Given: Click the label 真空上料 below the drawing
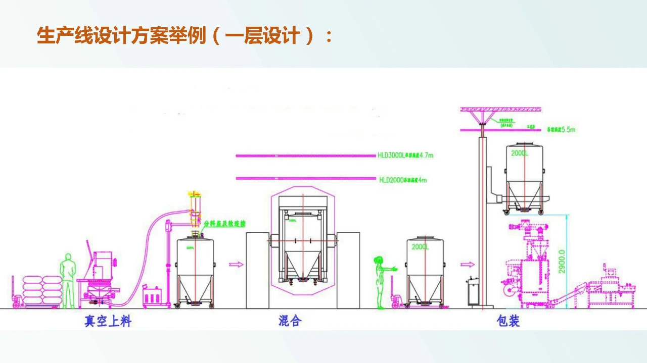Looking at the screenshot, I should (x=108, y=321).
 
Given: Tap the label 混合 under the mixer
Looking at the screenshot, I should (x=290, y=321).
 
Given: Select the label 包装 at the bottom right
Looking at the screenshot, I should (x=508, y=321).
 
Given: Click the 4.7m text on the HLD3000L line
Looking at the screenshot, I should (x=426, y=155).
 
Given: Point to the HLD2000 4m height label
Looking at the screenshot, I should (x=403, y=180).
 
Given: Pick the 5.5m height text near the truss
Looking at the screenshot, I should (x=568, y=130).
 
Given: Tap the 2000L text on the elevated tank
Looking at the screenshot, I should (x=520, y=153).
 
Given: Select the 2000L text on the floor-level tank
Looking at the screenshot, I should (x=420, y=247).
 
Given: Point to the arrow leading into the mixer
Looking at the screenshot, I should (x=236, y=264).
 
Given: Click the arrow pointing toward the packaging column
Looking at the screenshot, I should (x=468, y=264).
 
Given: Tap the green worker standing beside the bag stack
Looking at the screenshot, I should (x=67, y=279).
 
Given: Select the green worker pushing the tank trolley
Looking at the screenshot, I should (x=381, y=282).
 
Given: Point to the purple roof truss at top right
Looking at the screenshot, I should (x=501, y=109).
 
